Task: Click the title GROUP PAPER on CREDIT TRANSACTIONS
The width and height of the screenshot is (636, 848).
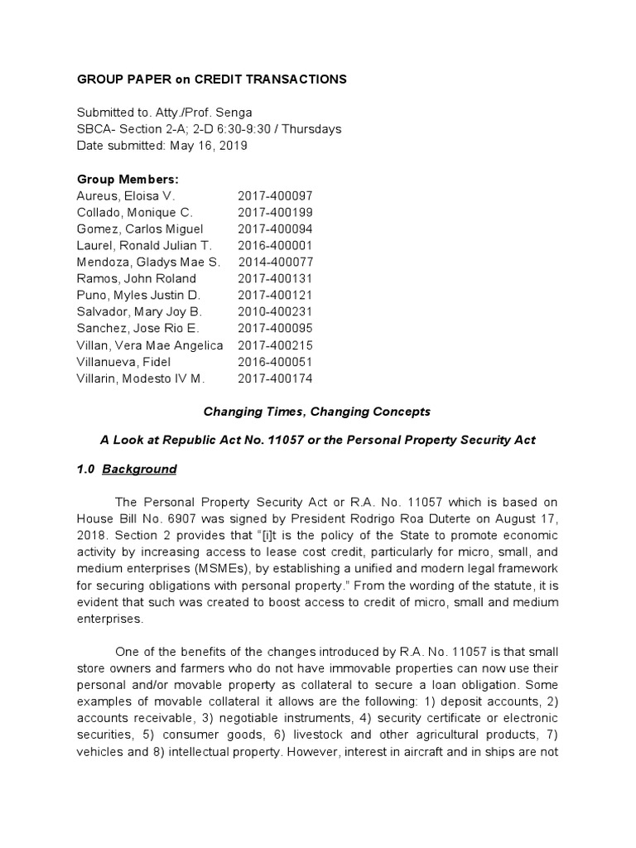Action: point(212,79)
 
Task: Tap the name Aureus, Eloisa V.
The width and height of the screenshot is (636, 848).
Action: point(126,195)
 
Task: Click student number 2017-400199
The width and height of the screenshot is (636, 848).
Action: point(275,212)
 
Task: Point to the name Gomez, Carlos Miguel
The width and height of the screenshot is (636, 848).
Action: point(140,229)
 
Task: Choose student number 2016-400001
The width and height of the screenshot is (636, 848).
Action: point(275,245)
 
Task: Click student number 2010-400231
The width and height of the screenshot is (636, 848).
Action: point(275,311)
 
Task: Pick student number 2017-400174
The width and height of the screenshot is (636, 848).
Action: point(275,378)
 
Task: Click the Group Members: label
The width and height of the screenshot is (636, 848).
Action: point(128,179)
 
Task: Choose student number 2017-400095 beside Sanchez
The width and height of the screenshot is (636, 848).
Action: point(275,328)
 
